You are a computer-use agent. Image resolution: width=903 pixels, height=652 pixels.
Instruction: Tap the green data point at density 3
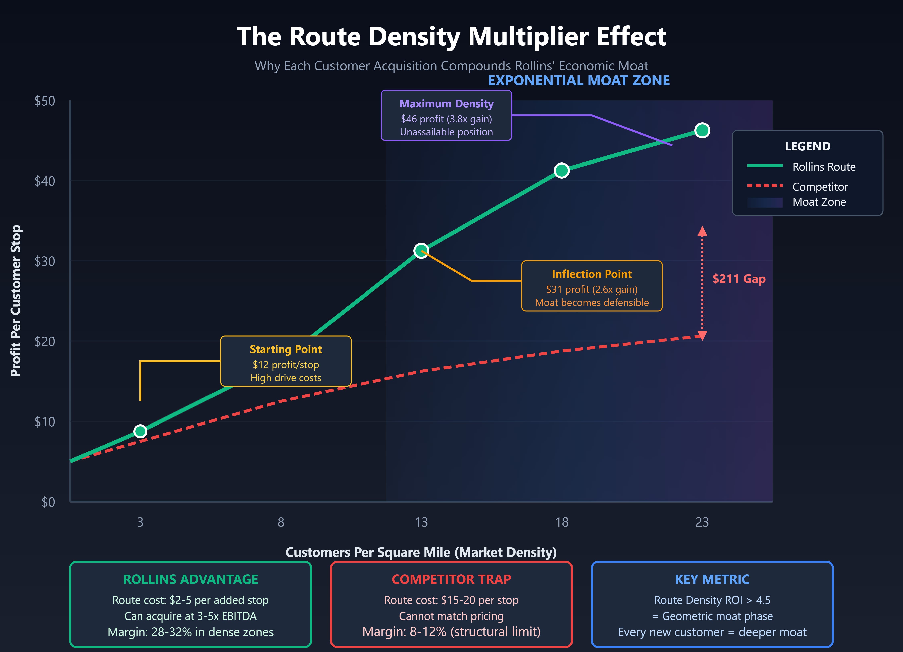click(140, 431)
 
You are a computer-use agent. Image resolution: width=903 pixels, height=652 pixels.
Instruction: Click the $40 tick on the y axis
click(45, 181)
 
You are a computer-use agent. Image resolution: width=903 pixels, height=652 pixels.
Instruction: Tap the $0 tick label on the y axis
click(48, 502)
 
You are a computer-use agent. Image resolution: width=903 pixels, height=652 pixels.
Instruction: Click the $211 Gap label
click(739, 279)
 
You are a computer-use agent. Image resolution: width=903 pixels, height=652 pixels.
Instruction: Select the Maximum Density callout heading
click(446, 104)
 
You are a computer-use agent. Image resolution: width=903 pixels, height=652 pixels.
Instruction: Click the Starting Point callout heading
click(286, 349)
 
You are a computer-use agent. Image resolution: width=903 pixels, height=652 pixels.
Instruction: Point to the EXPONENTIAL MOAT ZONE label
click(579, 80)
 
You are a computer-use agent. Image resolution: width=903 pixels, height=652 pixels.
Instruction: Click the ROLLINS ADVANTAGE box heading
click(191, 579)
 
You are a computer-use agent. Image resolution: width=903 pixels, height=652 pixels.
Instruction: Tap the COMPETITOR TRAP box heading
click(451, 579)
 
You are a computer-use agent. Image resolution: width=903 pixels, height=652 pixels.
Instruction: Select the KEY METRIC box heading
click(712, 579)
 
